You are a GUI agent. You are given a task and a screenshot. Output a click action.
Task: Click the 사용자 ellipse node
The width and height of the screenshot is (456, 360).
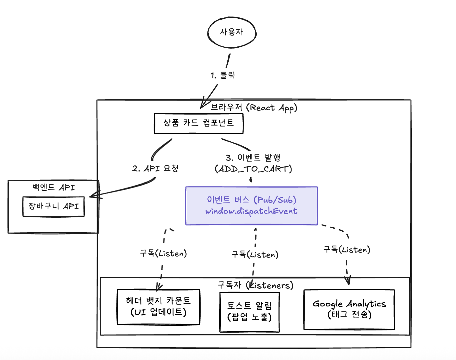[x=232, y=32]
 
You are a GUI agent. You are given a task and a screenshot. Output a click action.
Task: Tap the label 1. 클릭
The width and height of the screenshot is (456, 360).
[x=222, y=75]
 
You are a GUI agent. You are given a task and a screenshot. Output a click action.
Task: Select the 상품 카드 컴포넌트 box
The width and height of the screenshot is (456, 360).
[x=198, y=123]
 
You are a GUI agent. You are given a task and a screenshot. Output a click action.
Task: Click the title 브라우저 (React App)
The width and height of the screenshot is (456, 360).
[x=254, y=108]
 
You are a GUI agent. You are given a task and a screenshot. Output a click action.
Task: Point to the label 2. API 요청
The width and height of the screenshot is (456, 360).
[x=155, y=168]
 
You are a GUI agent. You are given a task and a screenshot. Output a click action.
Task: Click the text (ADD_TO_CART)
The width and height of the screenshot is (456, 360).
[x=253, y=169]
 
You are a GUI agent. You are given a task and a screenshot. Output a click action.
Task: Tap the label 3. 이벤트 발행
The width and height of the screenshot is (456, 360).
[x=253, y=158]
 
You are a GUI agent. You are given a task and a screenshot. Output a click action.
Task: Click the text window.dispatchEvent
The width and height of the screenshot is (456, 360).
[x=251, y=211]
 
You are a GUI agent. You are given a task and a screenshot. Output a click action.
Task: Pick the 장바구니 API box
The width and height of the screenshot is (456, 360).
[x=53, y=206]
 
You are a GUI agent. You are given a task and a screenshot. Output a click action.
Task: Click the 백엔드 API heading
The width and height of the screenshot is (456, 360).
[x=53, y=187]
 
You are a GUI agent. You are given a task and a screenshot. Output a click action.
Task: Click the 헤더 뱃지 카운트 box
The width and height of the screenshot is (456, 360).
[x=158, y=307]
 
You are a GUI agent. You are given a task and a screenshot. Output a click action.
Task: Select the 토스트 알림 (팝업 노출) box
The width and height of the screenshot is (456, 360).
[x=249, y=312]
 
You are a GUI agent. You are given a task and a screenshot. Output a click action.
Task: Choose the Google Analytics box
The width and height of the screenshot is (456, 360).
[x=349, y=309]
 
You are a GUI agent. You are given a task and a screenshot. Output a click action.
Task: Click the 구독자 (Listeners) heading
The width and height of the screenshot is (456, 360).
[x=255, y=285]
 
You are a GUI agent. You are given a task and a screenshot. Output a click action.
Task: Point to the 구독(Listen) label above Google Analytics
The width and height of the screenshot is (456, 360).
[x=347, y=249]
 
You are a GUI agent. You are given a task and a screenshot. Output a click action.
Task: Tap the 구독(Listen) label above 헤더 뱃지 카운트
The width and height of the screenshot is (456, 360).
[x=163, y=253]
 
